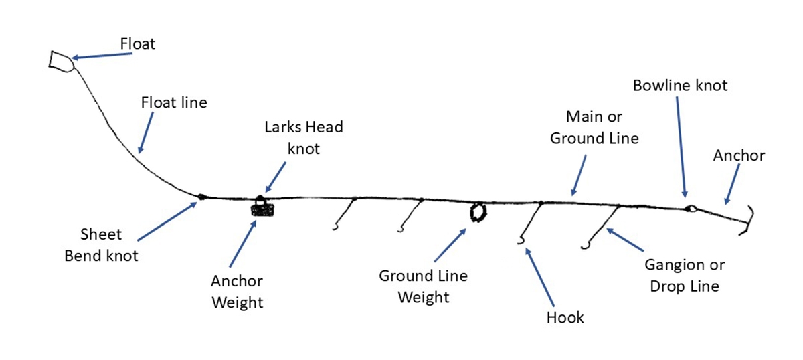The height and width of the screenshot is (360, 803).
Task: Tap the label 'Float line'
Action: coord(174,103)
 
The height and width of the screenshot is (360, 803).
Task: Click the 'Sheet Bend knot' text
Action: coord(101,245)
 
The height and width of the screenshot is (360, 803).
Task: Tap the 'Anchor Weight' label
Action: coord(238,292)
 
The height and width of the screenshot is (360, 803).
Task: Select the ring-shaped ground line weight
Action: coord(478,212)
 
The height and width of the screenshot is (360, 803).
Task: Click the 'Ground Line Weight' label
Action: coord(423,286)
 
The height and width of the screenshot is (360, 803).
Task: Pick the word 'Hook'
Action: coord(564,317)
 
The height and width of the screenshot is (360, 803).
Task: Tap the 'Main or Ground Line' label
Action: coord(594,128)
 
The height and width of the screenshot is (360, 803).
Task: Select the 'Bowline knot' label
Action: coord(680,86)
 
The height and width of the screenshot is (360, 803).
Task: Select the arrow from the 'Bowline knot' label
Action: coord(681,147)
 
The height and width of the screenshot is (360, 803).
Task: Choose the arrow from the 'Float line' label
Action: coord(145,132)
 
